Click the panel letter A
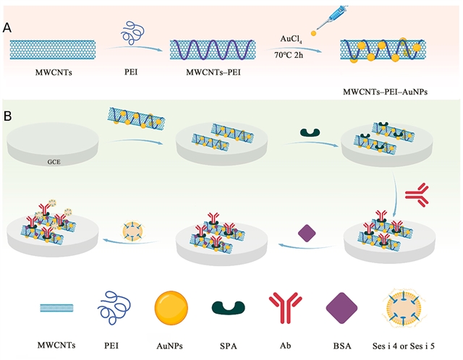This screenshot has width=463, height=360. click(7, 27)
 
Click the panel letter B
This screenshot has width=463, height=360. click(7, 115)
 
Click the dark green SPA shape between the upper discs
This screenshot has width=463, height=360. click(310, 134)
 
